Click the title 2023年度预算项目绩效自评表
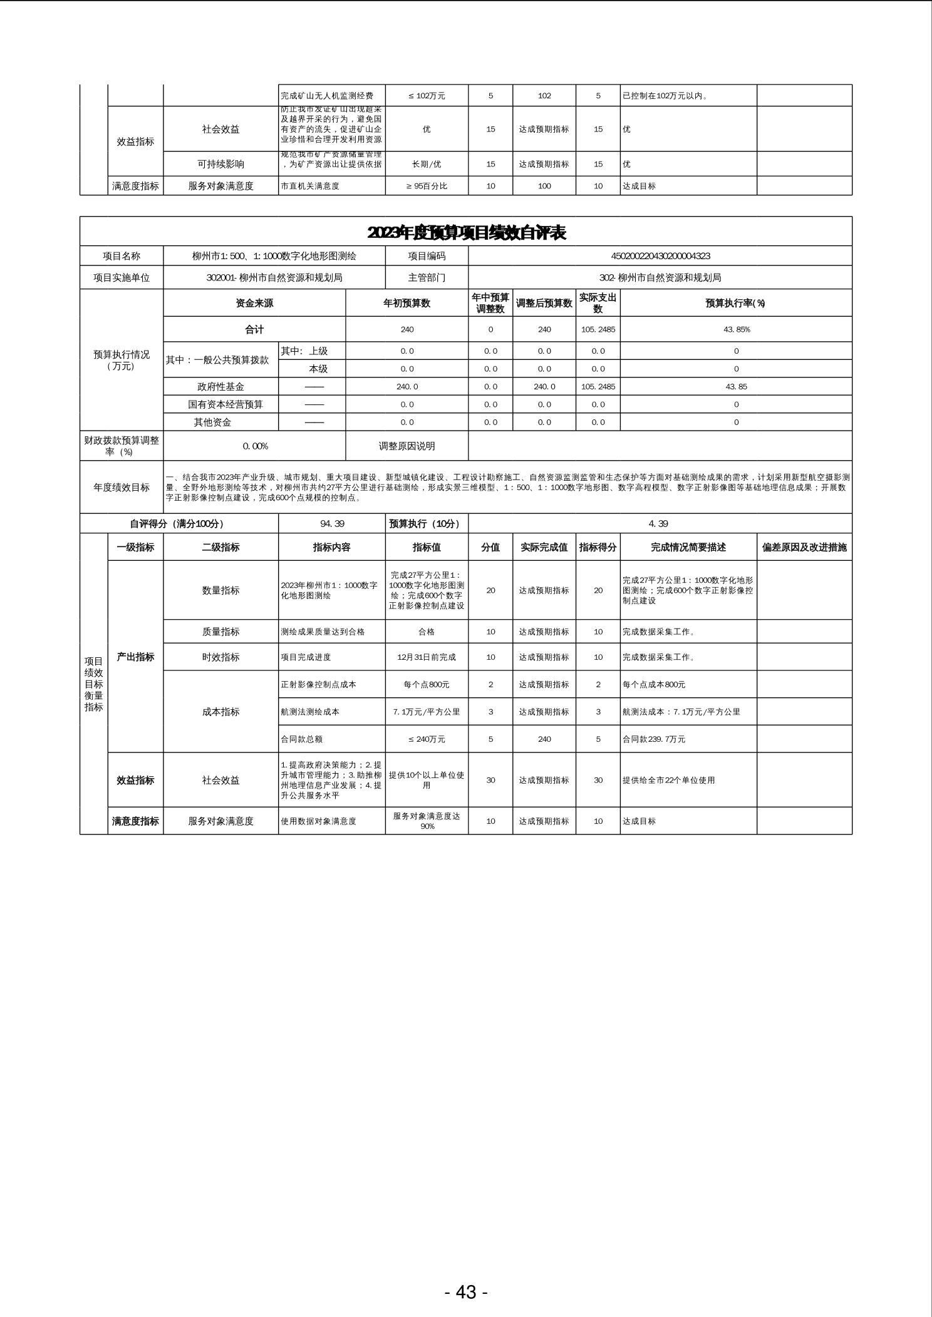point(466,233)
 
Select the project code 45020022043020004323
point(660,256)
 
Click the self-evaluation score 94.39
point(332,524)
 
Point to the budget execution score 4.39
point(660,524)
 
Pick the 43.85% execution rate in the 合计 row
point(736,329)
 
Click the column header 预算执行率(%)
point(736,304)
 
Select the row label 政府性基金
point(220,387)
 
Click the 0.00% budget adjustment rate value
point(255,446)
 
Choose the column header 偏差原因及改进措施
point(804,547)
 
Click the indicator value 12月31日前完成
point(427,657)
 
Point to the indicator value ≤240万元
point(427,739)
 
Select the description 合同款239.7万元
point(654,739)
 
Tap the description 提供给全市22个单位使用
point(668,781)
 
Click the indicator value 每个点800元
point(427,685)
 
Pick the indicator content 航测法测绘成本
point(311,712)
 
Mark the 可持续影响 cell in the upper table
point(220,164)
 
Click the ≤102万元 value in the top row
point(427,96)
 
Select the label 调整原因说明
point(406,446)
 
